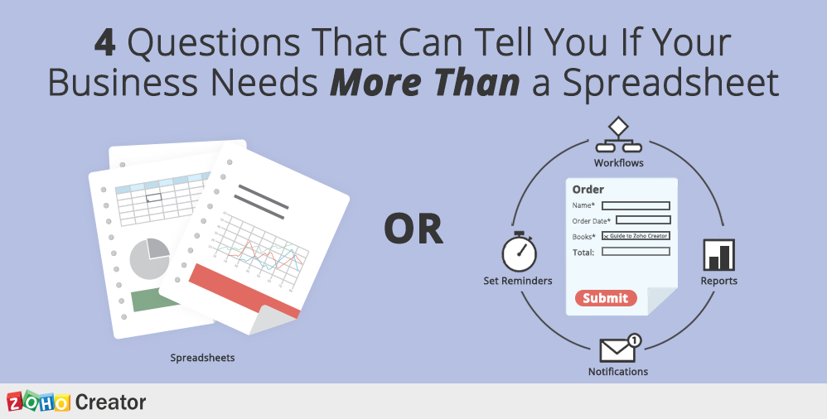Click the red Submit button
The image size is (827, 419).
coord(606,298)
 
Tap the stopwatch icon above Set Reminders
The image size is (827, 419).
coord(519,252)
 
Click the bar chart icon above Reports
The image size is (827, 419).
coord(719,255)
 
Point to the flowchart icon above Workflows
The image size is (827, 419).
coord(618,135)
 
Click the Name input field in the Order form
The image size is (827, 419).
coord(636,205)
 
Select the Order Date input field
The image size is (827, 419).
coord(643,219)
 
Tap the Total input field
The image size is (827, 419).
coord(636,252)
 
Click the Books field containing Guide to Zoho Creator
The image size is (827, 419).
coord(636,236)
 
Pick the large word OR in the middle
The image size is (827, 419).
coord(413,229)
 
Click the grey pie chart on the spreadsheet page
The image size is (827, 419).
coord(149,258)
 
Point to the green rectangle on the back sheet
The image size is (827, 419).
coord(154,300)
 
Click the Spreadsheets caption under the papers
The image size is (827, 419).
coord(202,358)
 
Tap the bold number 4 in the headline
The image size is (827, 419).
coord(105,43)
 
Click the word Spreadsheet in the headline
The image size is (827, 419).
coord(670,82)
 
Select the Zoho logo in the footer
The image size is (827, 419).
coord(38,402)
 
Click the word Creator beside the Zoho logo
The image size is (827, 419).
coord(110,402)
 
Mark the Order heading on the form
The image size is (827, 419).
coord(588,189)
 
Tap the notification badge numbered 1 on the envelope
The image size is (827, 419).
coord(635,340)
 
